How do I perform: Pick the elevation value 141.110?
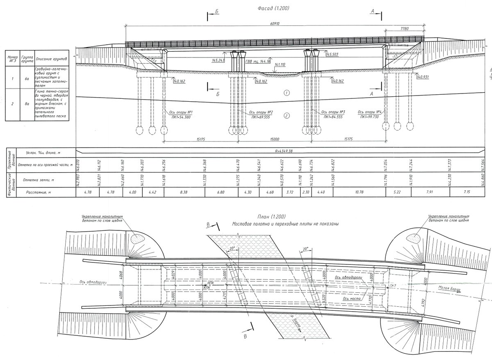(280, 65)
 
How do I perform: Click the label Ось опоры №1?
(181, 112)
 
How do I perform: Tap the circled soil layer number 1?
(287, 93)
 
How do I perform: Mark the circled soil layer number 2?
(287, 116)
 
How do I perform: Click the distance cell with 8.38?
(184, 192)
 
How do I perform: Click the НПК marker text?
(211, 283)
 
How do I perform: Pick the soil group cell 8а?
(27, 104)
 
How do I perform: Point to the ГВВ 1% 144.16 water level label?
(258, 62)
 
